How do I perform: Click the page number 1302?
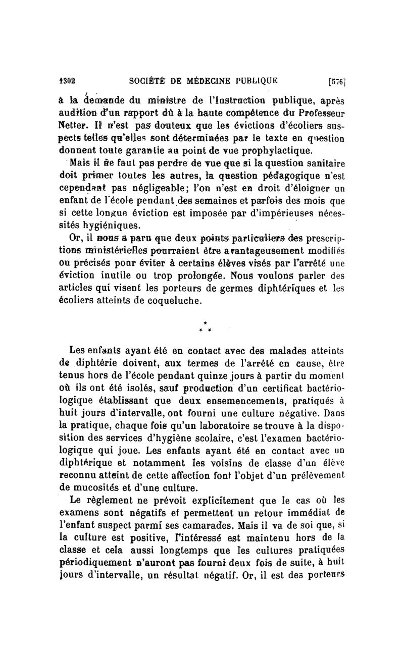[x=65, y=79]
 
